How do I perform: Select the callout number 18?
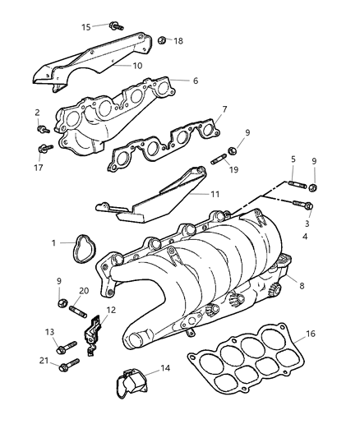[x=178, y=39]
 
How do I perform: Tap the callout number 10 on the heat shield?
[x=137, y=65]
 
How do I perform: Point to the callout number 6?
[x=195, y=81]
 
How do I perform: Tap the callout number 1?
[x=54, y=243]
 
